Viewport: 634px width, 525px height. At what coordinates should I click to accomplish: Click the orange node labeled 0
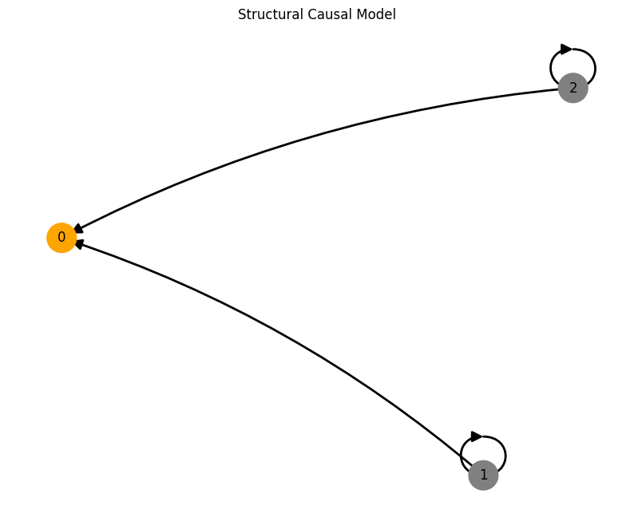click(x=61, y=238)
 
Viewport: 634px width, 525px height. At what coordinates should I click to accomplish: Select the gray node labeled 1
click(x=483, y=475)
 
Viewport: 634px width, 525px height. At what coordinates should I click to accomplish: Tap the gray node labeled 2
click(x=573, y=88)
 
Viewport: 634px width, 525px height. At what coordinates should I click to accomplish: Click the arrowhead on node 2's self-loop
click(x=566, y=49)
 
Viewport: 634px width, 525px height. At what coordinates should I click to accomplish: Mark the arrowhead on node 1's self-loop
click(x=477, y=436)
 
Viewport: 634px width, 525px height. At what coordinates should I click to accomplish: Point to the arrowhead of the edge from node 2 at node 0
click(x=78, y=229)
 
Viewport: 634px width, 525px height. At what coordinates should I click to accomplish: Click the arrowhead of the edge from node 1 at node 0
click(x=79, y=244)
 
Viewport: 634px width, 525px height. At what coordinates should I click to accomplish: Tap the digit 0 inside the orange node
click(x=61, y=238)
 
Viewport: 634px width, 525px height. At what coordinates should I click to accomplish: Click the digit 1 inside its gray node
click(x=483, y=475)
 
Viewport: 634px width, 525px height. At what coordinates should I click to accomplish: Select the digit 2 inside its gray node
click(x=573, y=88)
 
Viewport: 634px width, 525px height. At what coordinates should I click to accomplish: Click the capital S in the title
click(x=242, y=14)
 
